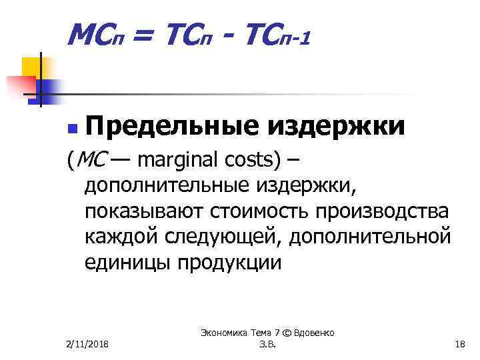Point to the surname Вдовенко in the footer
310,332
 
